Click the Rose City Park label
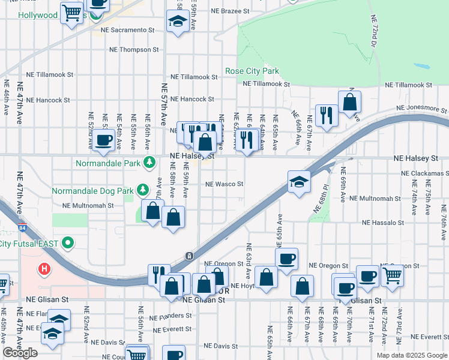[252, 71]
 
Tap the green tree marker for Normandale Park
[149, 163]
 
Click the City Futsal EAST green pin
[68, 243]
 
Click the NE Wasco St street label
[224, 184]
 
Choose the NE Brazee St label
[230, 11]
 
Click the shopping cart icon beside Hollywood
[71, 12]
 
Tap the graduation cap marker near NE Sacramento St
[178, 22]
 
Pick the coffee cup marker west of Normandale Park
[104, 140]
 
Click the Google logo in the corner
[21, 353]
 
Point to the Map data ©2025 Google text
[411, 355]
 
